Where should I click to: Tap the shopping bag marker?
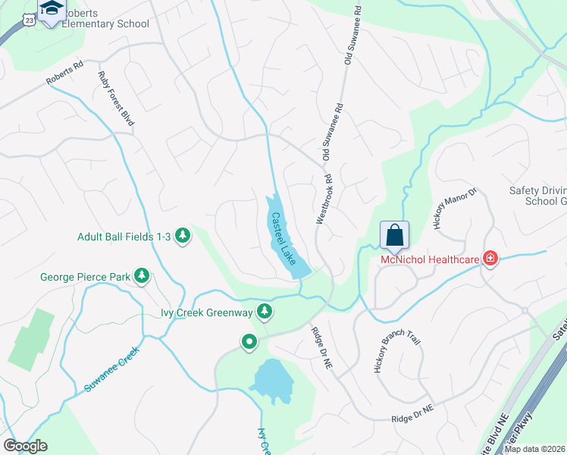394,234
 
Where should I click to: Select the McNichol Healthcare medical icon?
491,259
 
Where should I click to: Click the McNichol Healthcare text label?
430,260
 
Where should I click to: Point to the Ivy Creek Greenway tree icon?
264,311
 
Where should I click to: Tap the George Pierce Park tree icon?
141,277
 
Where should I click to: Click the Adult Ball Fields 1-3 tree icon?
182,237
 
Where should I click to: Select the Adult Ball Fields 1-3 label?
124,237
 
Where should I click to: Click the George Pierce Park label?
86,278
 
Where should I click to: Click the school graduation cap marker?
52,10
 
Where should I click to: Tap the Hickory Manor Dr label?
452,205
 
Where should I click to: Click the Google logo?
25,446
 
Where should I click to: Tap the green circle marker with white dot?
249,343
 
